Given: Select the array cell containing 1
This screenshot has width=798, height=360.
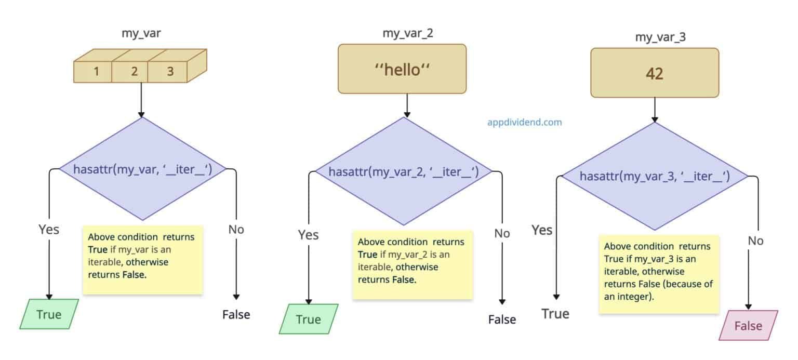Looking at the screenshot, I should tap(96, 72).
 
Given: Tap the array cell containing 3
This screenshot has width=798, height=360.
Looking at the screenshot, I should tap(170, 72).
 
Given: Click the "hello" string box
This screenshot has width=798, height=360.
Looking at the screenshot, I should tap(402, 69).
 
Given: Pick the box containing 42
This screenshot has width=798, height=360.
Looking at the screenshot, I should tap(654, 73).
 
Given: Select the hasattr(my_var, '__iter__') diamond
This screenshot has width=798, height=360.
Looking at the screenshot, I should tap(142, 169).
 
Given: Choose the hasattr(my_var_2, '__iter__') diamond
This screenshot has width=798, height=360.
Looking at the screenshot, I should tap(403, 171).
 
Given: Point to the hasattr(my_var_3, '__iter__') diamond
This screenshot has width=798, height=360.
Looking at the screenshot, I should tap(655, 177).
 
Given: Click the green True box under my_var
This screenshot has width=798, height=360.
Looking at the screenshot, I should tap(49, 314).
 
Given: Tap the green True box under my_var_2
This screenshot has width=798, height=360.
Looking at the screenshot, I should tap(308, 319).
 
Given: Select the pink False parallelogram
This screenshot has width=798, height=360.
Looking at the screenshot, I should tap(748, 326).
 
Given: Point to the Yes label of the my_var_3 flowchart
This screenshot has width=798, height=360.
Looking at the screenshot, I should tap(542, 230).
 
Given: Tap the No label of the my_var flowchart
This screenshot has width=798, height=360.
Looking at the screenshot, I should tap(236, 229).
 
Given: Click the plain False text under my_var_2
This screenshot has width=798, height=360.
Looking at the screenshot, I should tap(502, 319).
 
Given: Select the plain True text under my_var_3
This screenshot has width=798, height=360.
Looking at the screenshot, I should tap(555, 314).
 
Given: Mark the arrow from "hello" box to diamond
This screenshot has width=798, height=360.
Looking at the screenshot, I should tap(407, 105).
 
